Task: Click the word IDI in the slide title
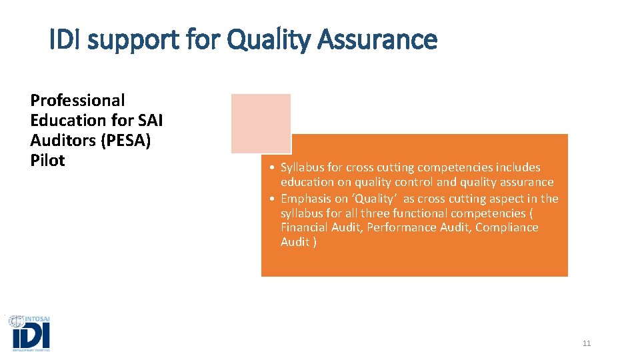[x=66, y=40]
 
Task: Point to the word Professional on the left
[x=77, y=101]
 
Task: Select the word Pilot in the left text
[x=47, y=161]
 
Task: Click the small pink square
[x=261, y=123]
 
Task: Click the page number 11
[x=587, y=343]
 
